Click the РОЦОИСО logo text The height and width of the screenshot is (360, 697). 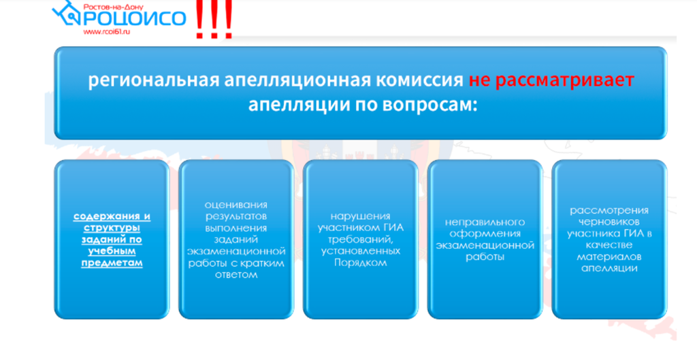[133, 18]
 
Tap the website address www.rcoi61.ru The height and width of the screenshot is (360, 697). [106, 31]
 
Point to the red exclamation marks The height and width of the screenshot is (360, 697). [214, 19]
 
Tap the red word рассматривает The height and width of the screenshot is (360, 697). [564, 81]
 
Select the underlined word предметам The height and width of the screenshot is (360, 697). [112, 263]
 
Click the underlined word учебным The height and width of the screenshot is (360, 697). [112, 251]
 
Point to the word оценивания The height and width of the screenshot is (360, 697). [236, 205]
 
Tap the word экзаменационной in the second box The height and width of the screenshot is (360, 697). [236, 252]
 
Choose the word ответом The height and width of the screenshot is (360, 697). [236, 275]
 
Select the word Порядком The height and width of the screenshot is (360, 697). [361, 263]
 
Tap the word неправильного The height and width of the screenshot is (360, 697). [485, 222]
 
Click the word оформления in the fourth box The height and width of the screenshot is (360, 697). [485, 234]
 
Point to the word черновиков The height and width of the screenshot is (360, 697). [609, 222]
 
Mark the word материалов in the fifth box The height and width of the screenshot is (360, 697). [609, 257]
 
